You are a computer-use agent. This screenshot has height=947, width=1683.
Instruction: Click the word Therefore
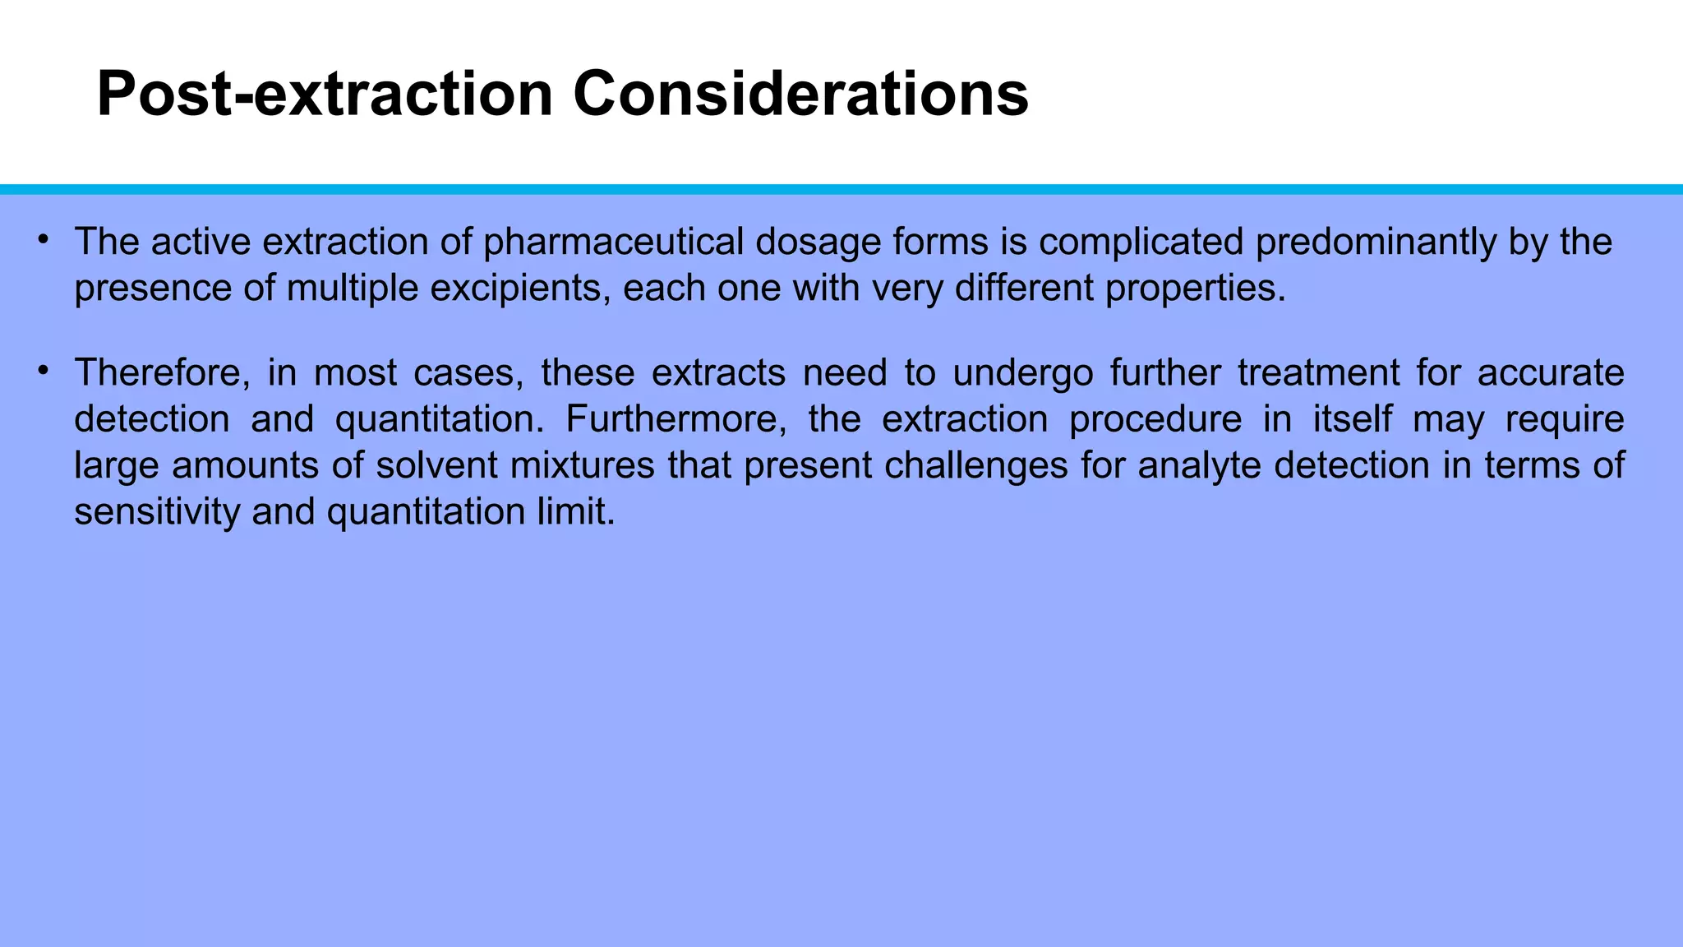click(x=162, y=373)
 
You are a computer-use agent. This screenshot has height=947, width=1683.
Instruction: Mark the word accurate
click(x=1551, y=373)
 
